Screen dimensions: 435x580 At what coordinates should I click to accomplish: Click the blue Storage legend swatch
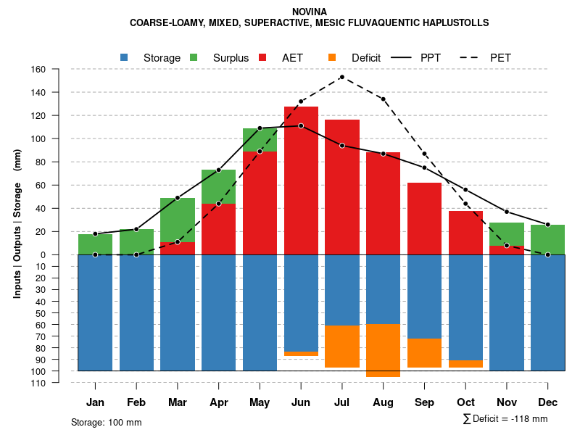click(125, 57)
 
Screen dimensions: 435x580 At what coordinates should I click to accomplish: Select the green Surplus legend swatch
click(194, 57)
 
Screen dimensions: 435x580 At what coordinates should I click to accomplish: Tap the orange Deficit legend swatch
click(332, 57)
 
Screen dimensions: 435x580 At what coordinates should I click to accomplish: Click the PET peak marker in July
click(341, 77)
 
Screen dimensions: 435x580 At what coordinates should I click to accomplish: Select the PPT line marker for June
click(301, 126)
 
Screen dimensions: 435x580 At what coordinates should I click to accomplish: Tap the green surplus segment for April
click(218, 186)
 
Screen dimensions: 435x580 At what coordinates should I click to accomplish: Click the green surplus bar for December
click(548, 239)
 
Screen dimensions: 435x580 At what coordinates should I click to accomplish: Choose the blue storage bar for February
click(136, 312)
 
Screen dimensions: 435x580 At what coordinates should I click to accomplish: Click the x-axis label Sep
click(424, 402)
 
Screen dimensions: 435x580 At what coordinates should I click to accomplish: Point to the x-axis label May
click(260, 402)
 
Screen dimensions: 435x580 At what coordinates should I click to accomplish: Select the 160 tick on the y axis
click(38, 70)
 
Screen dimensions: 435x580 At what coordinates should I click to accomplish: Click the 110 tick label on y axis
click(38, 383)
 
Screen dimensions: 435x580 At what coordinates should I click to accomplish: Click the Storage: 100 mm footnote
click(107, 422)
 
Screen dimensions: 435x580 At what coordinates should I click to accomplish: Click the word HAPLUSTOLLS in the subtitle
click(455, 23)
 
